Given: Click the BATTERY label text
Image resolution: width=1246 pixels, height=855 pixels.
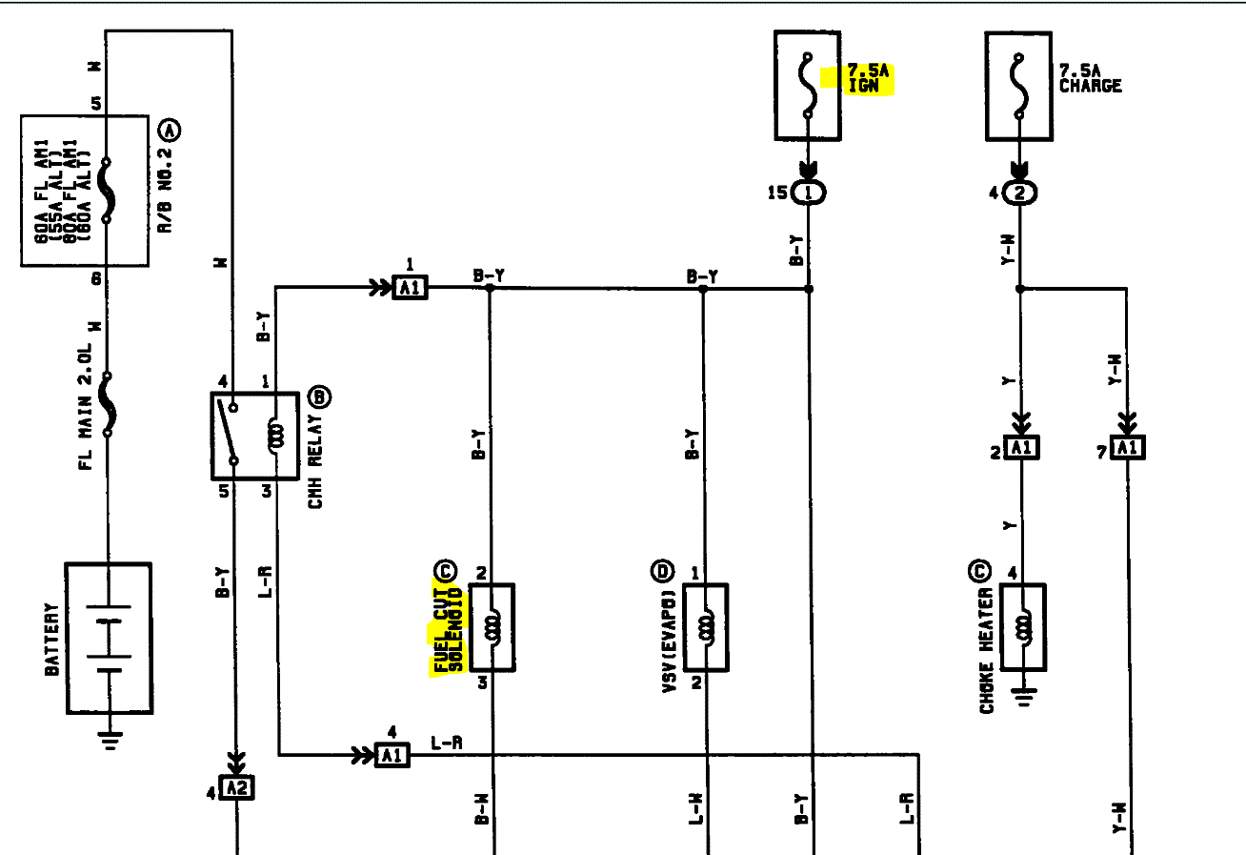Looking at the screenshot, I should coord(51,640).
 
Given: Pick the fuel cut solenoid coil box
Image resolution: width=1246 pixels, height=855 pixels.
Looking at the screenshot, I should coord(492,628).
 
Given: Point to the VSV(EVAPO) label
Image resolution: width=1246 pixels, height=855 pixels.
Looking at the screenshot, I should coord(670,641).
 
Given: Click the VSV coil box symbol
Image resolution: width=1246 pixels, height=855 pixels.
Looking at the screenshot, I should coord(706,628).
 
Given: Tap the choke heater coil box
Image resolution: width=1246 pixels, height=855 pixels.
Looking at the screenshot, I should coord(1023,628).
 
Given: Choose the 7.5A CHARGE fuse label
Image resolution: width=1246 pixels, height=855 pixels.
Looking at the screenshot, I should coord(1090,78).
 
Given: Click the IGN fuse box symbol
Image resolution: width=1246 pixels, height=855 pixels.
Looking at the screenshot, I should coord(808,86).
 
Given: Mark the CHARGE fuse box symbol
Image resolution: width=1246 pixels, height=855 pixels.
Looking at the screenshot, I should coord(1019,86).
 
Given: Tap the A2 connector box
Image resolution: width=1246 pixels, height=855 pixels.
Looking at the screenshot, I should coord(237,788).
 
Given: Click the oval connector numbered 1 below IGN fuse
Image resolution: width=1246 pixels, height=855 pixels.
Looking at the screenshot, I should coord(810,193).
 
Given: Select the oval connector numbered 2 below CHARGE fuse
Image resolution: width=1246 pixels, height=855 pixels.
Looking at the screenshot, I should coord(1019,193).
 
